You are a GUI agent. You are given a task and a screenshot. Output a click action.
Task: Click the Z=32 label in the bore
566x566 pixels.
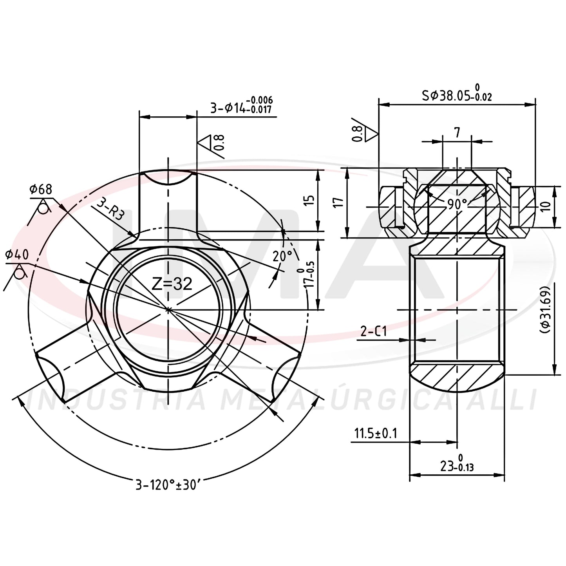click(172, 284)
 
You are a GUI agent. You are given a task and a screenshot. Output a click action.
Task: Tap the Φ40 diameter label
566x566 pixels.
click(17, 254)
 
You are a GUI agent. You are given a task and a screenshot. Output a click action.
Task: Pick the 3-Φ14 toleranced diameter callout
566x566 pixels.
click(241, 105)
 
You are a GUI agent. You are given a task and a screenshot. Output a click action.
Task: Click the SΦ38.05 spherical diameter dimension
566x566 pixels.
click(457, 92)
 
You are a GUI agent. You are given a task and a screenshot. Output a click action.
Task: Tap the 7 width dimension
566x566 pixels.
click(457, 133)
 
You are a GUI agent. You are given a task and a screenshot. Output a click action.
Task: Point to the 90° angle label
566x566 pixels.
click(458, 204)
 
